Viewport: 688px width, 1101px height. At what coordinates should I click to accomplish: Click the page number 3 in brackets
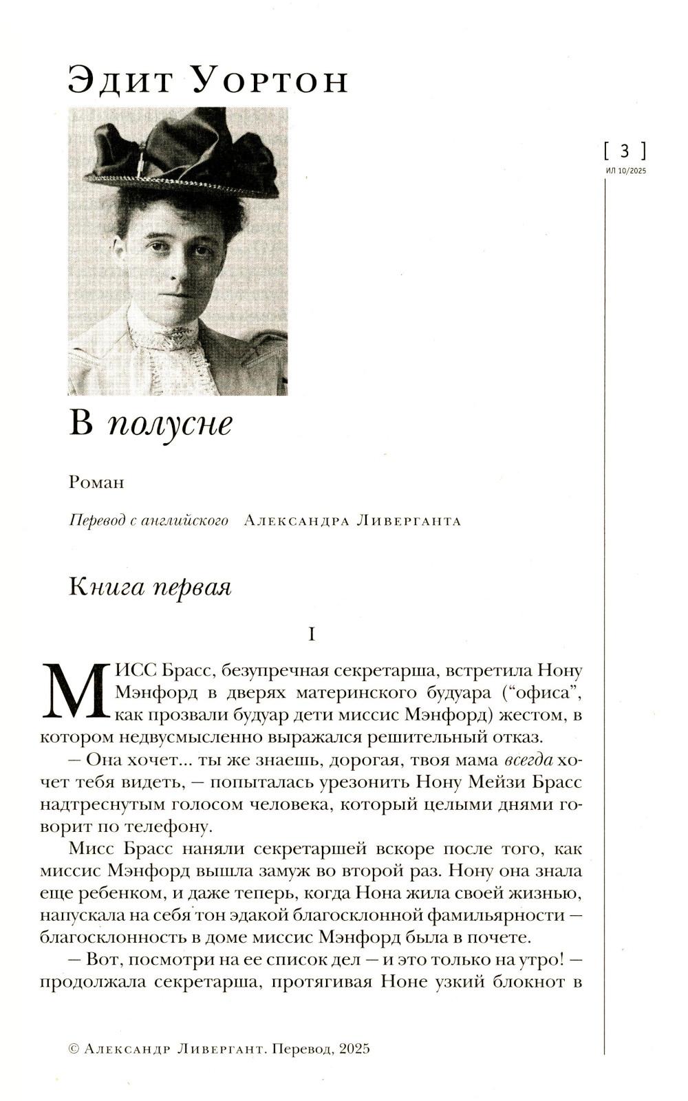pos(625,150)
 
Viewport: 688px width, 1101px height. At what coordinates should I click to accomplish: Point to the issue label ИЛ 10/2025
pos(626,171)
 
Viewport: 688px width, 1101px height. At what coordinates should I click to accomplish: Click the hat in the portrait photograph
pos(182,155)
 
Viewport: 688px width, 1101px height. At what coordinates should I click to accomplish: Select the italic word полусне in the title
pos(170,423)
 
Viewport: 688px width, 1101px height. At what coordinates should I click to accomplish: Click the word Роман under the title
pos(96,482)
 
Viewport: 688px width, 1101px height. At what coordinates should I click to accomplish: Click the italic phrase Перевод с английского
pos(149,520)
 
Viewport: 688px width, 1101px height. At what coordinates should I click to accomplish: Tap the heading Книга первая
pos(150,587)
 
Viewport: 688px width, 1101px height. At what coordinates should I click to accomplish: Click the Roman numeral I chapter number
pos(312,634)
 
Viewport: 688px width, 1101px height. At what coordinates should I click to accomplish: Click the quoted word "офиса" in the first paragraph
pos(544,692)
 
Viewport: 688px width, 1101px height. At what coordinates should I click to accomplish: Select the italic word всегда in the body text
pos(528,760)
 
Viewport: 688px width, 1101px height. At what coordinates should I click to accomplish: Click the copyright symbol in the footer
pos(74,1049)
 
